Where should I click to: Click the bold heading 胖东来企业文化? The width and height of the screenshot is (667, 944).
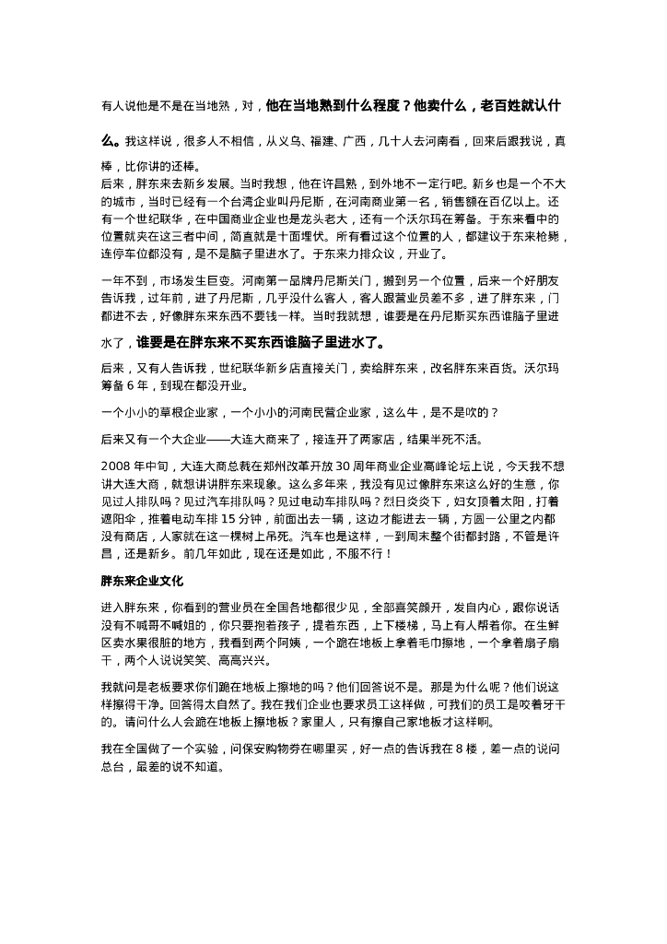(143, 582)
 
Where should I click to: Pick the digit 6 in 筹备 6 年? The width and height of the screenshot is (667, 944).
(137, 383)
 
